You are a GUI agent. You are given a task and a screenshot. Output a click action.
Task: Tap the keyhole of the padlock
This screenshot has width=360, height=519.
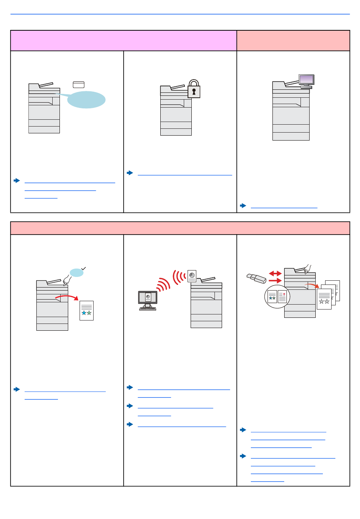[194, 91]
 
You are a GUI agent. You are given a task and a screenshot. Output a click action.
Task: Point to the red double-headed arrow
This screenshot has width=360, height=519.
[275, 274]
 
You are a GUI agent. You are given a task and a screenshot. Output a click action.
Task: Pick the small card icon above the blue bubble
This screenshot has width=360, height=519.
[78, 85]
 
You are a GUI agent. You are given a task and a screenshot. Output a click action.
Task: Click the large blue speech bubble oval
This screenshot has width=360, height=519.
[86, 100]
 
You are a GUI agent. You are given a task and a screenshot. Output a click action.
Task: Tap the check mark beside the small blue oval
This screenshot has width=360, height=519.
[84, 268]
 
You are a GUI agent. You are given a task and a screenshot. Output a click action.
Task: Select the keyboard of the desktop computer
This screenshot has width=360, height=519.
[148, 309]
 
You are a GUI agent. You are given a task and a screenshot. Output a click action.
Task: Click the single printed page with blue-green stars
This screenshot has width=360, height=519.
[86, 310]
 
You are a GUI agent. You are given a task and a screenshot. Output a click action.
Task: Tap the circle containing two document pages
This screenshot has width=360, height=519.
[277, 296]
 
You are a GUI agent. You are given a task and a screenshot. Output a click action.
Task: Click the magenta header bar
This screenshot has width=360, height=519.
[124, 41]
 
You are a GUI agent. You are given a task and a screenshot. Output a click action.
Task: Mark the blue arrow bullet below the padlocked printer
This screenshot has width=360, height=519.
[130, 173]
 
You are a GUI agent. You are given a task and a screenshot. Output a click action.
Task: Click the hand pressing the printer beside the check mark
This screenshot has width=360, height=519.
[67, 280]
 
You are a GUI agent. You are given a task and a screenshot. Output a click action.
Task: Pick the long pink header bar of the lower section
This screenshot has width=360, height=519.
[180, 228]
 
